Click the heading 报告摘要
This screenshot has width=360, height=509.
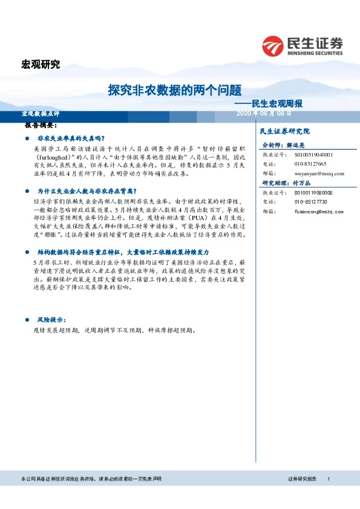41,125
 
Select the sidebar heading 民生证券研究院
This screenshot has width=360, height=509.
284,131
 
